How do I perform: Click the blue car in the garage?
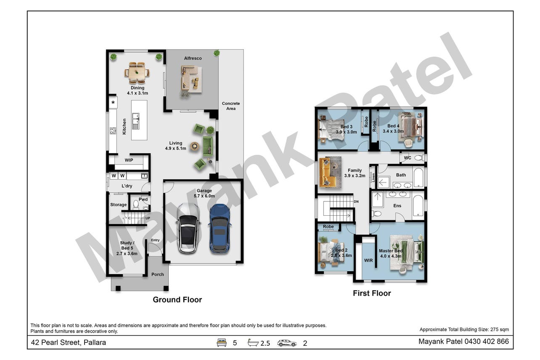click(x=220, y=229)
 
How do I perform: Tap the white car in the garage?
click(x=188, y=228)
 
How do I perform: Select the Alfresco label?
click(x=193, y=58)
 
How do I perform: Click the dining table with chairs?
click(x=137, y=73)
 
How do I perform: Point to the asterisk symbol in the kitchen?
click(x=113, y=103)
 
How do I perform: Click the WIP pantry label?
click(x=129, y=160)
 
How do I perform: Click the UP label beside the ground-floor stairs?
click(x=148, y=218)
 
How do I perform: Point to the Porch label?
click(x=158, y=274)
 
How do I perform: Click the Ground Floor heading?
click(x=177, y=300)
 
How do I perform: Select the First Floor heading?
click(x=372, y=293)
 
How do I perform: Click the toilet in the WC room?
click(x=420, y=158)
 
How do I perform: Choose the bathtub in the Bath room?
click(x=418, y=178)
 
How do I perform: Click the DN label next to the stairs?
click(x=356, y=201)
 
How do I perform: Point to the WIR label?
click(x=368, y=260)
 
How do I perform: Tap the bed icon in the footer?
click(x=222, y=343)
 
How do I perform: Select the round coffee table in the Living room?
click(x=195, y=146)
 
